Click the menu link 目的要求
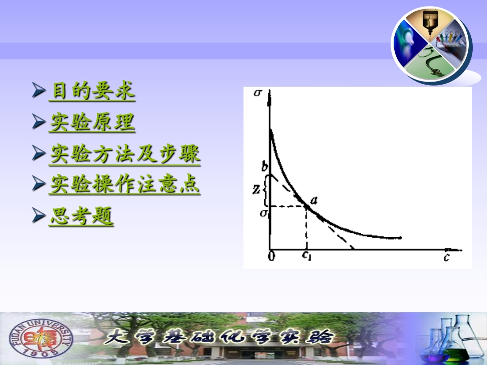[92, 91]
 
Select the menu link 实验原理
[92, 122]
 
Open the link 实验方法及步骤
[125, 154]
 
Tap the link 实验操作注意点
[125, 184]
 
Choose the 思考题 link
[81, 216]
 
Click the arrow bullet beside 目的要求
[39, 90]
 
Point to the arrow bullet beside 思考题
[39, 215]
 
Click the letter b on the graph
[264, 166]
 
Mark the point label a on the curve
[314, 201]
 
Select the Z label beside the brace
[256, 189]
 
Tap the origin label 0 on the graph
[271, 255]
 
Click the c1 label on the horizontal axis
[306, 255]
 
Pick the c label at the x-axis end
[446, 257]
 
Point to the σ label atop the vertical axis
[258, 92]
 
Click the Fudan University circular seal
[41, 338]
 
